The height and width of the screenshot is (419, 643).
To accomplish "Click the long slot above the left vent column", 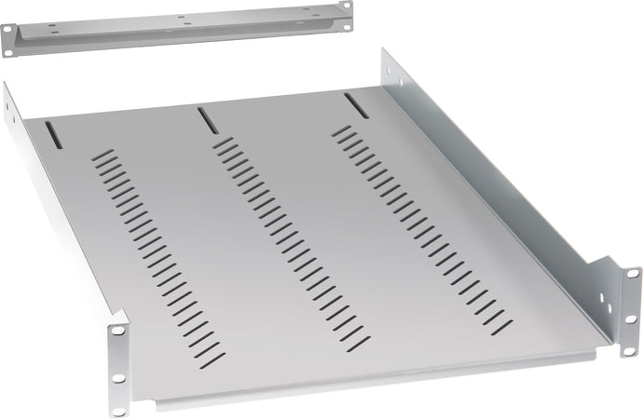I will tap(57, 135).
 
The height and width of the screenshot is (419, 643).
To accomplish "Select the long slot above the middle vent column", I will tap(203, 118).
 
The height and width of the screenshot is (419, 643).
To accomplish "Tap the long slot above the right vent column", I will tap(351, 103).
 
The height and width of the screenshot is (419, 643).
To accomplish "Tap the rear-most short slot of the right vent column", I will tap(343, 128).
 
